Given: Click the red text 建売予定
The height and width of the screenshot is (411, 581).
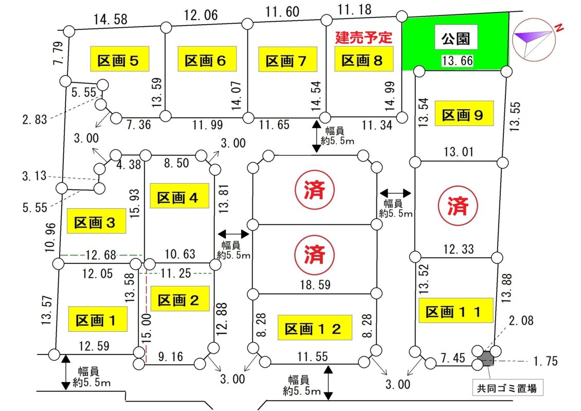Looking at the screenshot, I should point(364,37).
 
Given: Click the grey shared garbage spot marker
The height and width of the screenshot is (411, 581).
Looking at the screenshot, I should point(485,357).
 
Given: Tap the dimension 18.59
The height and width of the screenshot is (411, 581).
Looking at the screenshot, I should point(313,284).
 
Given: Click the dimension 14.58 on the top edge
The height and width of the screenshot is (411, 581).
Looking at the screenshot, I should point(111,20).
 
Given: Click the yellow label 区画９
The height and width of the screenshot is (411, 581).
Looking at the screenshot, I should point(464,115).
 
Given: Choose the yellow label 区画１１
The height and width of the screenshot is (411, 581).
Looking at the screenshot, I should point(453,312).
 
